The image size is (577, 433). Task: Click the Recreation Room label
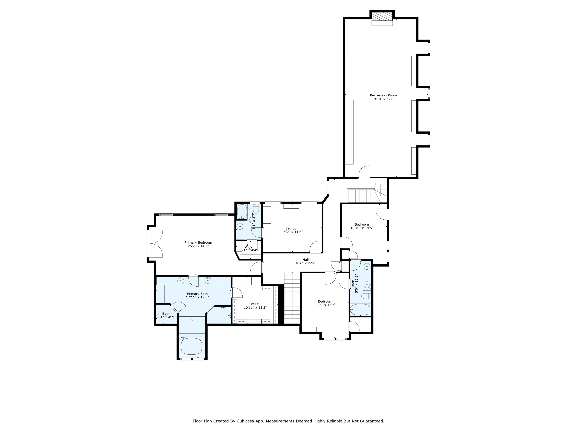(383, 95)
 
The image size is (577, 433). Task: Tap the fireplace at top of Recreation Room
(382, 18)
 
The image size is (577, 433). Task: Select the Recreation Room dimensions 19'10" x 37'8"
(383, 99)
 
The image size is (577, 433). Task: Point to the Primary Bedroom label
(198, 242)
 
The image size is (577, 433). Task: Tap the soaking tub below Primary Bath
(192, 346)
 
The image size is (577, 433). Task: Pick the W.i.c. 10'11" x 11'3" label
(255, 306)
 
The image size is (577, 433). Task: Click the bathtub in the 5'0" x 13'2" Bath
(360, 310)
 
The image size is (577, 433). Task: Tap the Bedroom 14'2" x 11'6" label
(292, 230)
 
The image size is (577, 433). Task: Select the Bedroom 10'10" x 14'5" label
(362, 226)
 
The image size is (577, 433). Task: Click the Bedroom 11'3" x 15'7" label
(325, 303)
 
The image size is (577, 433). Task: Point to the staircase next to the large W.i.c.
(292, 298)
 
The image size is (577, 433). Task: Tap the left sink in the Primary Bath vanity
(181, 281)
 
